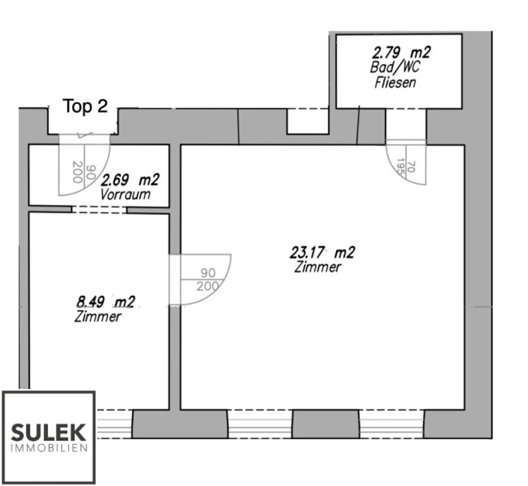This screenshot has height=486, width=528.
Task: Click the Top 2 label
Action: pos(85,106)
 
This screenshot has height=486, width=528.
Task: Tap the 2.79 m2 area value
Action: pos(401,53)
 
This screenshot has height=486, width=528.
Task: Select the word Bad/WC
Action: pos(395,67)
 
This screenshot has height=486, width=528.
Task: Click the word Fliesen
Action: pos(395,83)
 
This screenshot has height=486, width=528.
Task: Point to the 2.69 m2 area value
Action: pos(130,180)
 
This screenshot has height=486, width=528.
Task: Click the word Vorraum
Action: pos(125,195)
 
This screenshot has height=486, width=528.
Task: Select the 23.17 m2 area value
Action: pos(322,252)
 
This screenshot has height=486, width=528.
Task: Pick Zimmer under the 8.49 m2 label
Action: pos(98,317)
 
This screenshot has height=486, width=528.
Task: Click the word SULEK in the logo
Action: pos(48,433)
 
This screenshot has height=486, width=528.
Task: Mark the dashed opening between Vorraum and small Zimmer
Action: pos(99,210)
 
